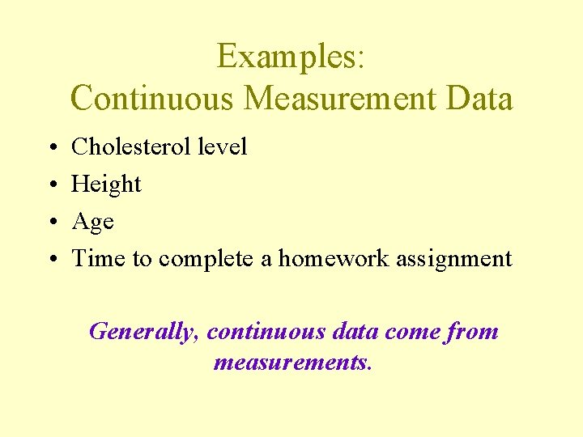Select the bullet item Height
click(x=106, y=185)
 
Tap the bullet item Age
click(x=92, y=222)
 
